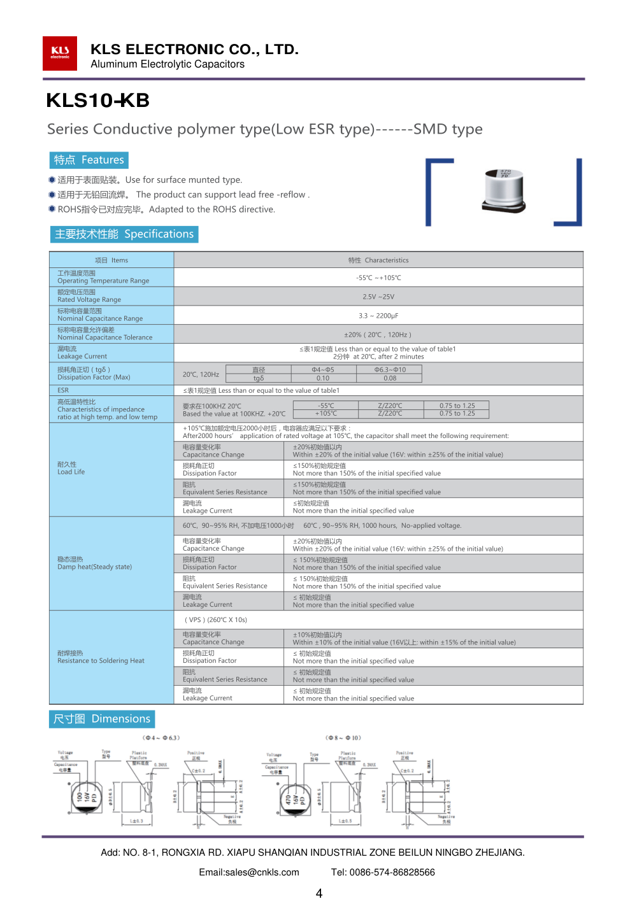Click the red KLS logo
coord(60,53)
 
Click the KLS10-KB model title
coord(97,101)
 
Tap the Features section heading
coord(89,160)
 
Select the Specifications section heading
coord(124,234)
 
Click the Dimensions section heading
coord(102,719)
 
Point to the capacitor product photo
coord(504,191)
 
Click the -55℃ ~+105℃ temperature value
coord(378,278)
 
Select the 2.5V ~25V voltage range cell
coord(378,297)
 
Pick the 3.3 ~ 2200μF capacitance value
coord(378,316)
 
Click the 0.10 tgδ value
coord(323,378)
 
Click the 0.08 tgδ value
coord(390,378)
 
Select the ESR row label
coord(63,390)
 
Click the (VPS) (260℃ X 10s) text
coord(216,619)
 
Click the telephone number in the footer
coord(383,872)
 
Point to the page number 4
coord(319,893)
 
